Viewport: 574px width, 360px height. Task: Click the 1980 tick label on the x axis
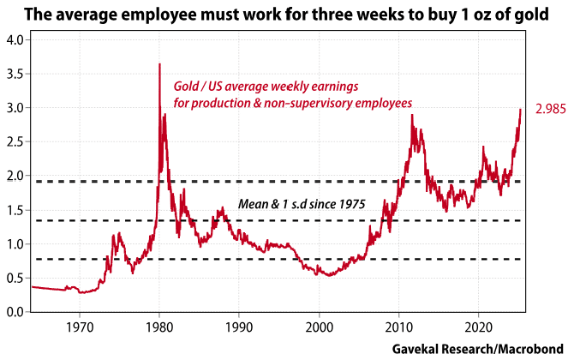[159, 327]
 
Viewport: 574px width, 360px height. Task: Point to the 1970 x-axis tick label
[80, 327]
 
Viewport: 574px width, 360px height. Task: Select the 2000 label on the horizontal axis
[319, 327]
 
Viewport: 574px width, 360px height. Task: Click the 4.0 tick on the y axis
[15, 40]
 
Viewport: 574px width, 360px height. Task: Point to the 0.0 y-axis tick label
[15, 312]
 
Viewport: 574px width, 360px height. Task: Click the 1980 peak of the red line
[159, 64]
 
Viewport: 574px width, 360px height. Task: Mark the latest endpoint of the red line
[520, 109]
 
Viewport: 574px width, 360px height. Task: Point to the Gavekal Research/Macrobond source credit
[476, 350]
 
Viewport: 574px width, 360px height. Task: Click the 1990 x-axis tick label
[239, 327]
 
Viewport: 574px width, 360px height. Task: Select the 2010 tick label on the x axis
[398, 327]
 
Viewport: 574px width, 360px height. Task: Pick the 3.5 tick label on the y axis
[15, 75]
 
